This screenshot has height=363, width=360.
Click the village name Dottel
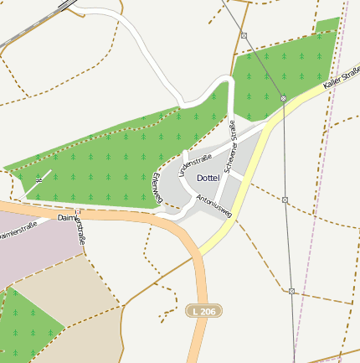click(208, 179)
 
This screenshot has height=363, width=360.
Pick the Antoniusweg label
click(213, 206)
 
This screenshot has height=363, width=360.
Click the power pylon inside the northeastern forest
click(283, 99)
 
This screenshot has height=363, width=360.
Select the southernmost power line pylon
click(291, 291)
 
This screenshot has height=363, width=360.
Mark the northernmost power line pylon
click(244, 35)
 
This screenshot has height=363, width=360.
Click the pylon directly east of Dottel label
click(285, 200)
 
